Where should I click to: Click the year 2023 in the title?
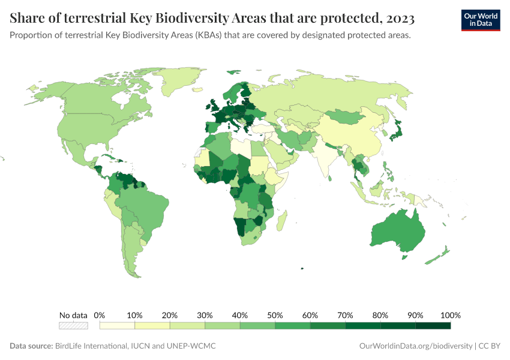[397, 19]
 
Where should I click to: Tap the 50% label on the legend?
[275, 315]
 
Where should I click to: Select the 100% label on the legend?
[450, 315]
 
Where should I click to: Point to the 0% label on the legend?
[100, 315]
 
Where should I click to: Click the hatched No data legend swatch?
[73, 326]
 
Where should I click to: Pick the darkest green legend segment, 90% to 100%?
[433, 326]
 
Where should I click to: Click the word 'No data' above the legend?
[73, 315]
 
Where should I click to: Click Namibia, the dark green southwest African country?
[241, 225]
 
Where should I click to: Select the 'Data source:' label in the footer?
[31, 346]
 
